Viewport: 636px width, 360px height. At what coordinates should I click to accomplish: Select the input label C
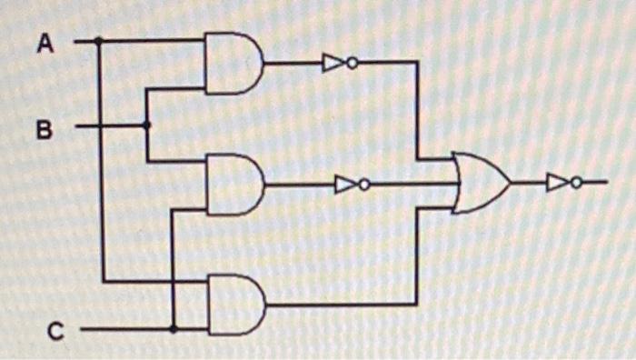(55, 333)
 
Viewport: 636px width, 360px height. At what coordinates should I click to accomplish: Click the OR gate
(480, 183)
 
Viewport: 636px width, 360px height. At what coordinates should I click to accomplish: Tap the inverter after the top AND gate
(333, 63)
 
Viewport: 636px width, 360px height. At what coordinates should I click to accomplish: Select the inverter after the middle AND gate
(346, 185)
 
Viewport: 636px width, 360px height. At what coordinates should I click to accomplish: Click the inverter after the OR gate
(558, 183)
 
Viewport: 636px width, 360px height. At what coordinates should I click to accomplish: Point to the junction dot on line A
(99, 41)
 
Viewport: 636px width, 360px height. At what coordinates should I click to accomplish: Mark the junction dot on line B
(147, 125)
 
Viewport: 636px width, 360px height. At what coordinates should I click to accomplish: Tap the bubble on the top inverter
(352, 63)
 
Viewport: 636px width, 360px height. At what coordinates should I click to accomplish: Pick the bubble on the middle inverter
(364, 185)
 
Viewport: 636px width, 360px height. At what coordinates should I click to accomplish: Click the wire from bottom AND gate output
(345, 305)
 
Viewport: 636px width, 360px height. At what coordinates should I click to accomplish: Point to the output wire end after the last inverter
(603, 183)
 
